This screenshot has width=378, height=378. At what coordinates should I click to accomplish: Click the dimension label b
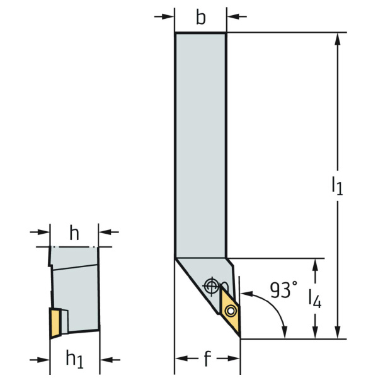tap(201, 18)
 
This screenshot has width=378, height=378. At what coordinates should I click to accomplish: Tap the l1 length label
tap(337, 185)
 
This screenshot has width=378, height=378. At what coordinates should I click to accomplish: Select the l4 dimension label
tap(315, 299)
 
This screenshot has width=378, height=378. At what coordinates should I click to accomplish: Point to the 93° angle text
tap(283, 290)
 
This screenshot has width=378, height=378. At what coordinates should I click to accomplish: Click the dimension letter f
tap(207, 358)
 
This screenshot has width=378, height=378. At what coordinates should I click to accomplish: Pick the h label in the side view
tap(74, 233)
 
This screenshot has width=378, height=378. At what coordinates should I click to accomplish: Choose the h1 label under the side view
tap(74, 360)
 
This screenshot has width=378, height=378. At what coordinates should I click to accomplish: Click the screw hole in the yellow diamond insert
tap(231, 311)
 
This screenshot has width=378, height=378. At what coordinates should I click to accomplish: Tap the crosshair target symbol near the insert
tap(211, 286)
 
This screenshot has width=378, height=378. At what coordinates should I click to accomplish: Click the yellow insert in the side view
tap(55, 323)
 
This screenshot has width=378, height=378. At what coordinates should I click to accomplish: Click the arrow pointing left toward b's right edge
tap(237, 16)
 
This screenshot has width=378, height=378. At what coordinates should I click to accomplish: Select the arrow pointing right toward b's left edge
tap(164, 16)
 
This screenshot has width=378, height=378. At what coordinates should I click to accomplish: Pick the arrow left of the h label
tap(40, 232)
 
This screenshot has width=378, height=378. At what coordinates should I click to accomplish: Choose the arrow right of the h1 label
tap(110, 360)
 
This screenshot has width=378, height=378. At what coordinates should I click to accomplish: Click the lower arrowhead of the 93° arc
tap(285, 332)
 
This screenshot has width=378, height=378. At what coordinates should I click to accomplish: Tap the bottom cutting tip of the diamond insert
tap(240, 337)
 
